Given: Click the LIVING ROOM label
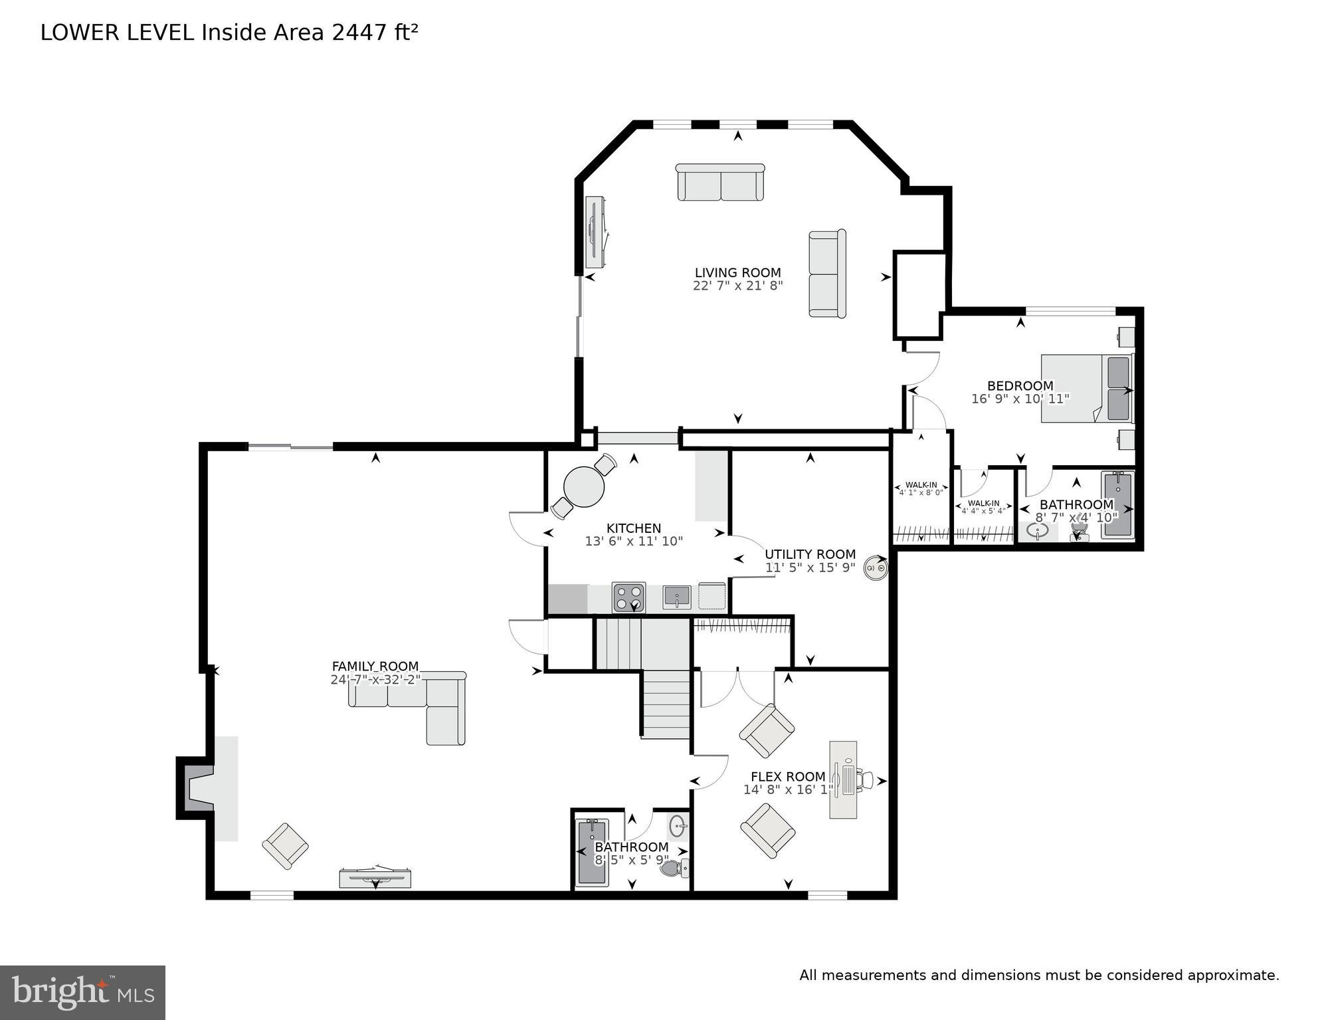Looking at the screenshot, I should pyautogui.click(x=737, y=272).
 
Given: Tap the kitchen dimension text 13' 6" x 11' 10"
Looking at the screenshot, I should pyautogui.click(x=634, y=542).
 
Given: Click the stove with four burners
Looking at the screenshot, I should pyautogui.click(x=628, y=597).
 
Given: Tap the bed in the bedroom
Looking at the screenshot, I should pyautogui.click(x=1085, y=389).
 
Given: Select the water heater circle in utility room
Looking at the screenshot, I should pyautogui.click(x=875, y=568).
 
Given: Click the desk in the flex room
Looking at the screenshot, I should pyautogui.click(x=843, y=779).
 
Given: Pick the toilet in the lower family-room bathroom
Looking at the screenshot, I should pyautogui.click(x=674, y=868).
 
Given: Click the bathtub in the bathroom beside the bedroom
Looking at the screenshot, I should pyautogui.click(x=1117, y=504).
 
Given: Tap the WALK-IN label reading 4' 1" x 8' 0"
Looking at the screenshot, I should pyautogui.click(x=921, y=489).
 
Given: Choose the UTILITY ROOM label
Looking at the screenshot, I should pyautogui.click(x=810, y=554).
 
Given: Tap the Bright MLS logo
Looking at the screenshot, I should pyautogui.click(x=82, y=992).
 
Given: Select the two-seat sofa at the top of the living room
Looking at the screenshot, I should pyautogui.click(x=720, y=183).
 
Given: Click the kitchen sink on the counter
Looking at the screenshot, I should pyautogui.click(x=676, y=597).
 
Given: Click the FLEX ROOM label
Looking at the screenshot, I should pyautogui.click(x=788, y=776).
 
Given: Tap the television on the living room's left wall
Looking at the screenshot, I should pyautogui.click(x=594, y=232).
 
